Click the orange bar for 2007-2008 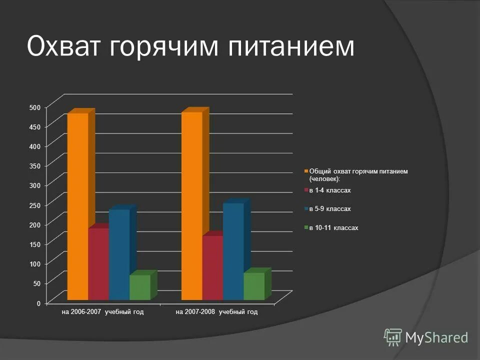click(x=191, y=205)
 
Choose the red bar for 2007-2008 click(x=212, y=267)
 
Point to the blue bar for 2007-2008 click(x=233, y=251)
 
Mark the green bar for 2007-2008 click(x=253, y=286)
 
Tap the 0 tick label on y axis click(x=38, y=303)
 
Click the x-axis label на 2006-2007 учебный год click(x=102, y=312)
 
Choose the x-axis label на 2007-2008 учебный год click(x=216, y=312)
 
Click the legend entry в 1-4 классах click(x=330, y=190)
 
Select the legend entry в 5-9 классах click(x=330, y=209)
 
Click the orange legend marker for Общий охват click(x=306, y=171)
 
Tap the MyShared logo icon click(x=393, y=336)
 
